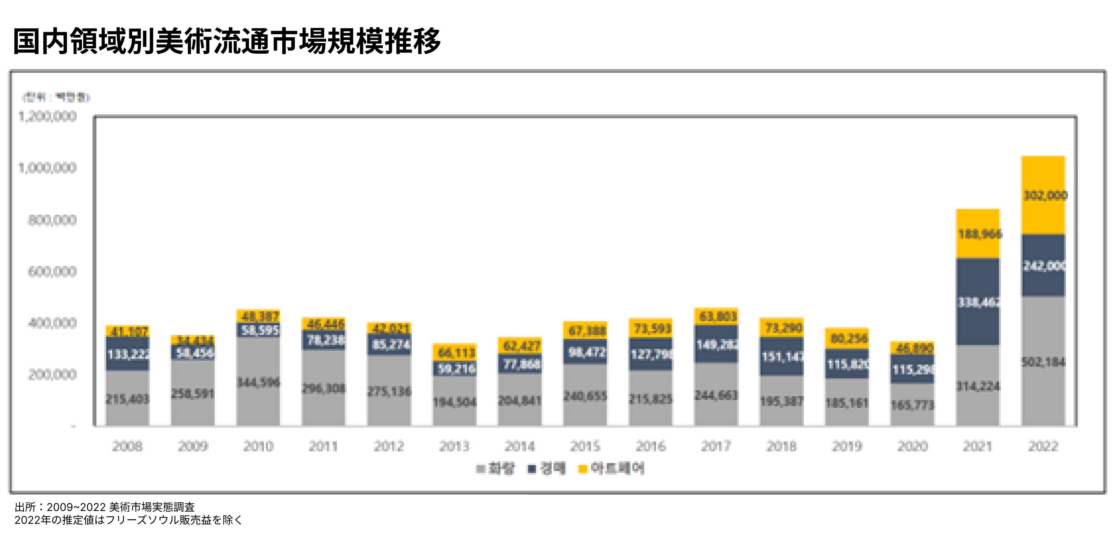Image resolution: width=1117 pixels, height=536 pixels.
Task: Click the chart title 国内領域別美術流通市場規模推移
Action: [x=227, y=41]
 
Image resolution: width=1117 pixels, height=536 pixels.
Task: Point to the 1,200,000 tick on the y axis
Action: [x=48, y=116]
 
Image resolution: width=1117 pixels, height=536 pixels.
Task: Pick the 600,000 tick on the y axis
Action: [x=52, y=272]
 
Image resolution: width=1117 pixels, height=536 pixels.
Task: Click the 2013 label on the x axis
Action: [x=454, y=446]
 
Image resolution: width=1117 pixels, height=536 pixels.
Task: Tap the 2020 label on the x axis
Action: [x=912, y=446]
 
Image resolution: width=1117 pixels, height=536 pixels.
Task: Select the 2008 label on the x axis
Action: [x=127, y=446]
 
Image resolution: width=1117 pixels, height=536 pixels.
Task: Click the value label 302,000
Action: [x=1045, y=196]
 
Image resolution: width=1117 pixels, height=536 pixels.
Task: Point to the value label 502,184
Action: [x=1043, y=362]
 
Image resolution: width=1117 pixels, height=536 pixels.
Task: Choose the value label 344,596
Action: [x=258, y=382]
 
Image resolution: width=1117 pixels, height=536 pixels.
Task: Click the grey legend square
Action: [x=480, y=469]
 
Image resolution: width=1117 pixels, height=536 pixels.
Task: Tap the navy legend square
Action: [x=532, y=469]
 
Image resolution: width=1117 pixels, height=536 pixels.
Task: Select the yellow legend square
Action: [x=582, y=469]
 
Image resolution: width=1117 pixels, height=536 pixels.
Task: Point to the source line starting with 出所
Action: [x=104, y=507]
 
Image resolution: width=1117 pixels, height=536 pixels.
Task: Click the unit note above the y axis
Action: [x=56, y=97]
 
